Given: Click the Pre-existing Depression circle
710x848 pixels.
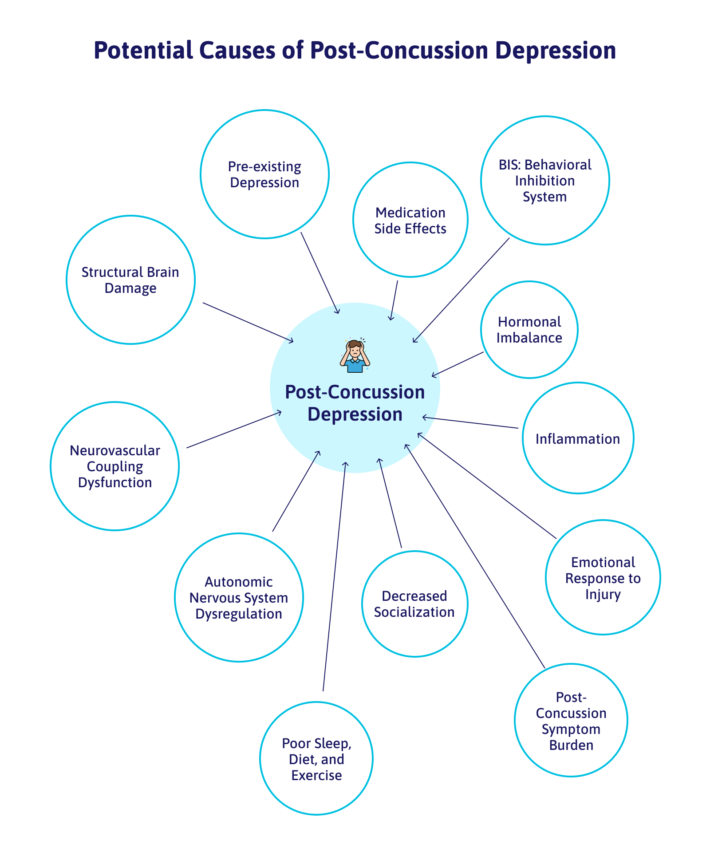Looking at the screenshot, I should pos(264,174).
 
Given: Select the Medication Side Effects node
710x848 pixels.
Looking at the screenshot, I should pos(410,220).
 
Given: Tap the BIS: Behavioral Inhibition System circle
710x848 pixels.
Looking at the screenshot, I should pos(544,181).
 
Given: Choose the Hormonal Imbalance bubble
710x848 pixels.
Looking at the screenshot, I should pos(529,330).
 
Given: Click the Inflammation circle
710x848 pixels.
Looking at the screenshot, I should pos(577,438).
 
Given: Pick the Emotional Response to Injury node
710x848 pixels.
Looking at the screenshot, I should pos(603,578).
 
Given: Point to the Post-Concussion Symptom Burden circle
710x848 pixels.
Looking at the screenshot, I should pos(571,721).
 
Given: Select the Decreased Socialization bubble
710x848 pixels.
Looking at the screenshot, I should pos(414,604).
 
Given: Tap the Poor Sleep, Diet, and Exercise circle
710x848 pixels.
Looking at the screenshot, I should pos(316,759).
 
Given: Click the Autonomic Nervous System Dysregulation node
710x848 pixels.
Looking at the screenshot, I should pos(239,598).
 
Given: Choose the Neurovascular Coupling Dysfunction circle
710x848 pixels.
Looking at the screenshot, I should pos(115,466).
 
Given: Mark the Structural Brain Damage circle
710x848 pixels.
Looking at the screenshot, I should pos(130,280).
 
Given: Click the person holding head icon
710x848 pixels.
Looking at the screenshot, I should pos(355,356).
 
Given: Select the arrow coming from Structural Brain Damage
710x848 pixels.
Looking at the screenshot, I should pos(248,322).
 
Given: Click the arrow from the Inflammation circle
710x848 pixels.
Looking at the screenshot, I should pos(470,423).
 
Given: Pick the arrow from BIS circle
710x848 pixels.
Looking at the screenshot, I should pos(461,291).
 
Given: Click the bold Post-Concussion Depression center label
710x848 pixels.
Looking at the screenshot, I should pos(355,403).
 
